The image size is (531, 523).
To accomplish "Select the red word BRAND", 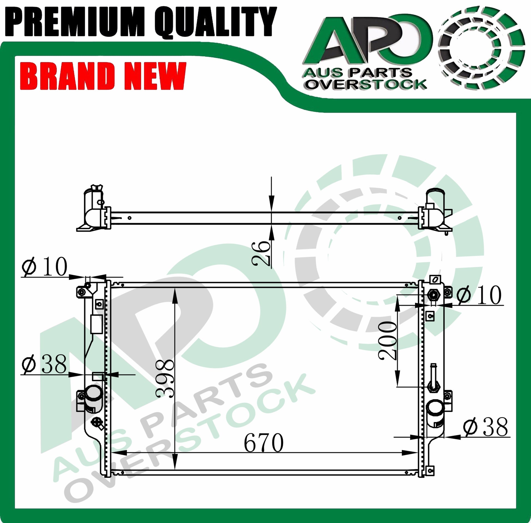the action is pyautogui.click(x=67, y=76).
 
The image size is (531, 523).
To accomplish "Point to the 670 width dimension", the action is pyautogui.click(x=264, y=443).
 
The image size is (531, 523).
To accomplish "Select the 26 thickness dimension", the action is pyautogui.click(x=261, y=253).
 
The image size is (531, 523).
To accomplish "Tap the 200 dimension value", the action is pyautogui.click(x=387, y=341).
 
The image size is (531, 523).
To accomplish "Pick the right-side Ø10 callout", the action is pyautogui.click(x=479, y=295).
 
